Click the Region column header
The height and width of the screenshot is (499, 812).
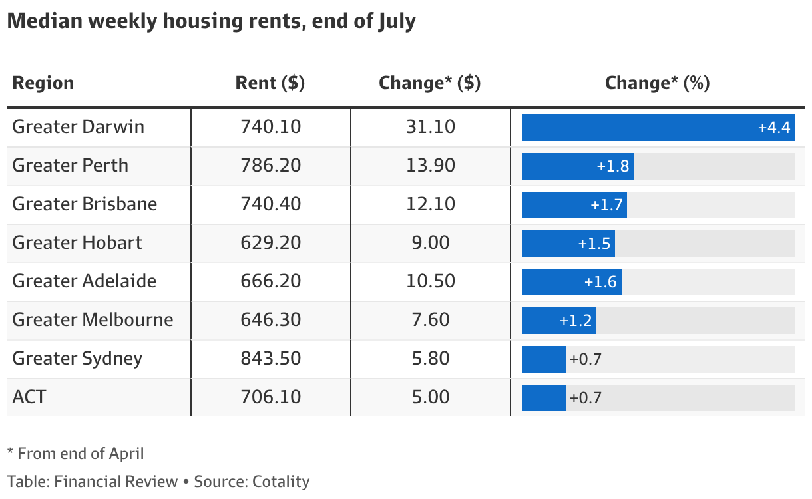pos(43,83)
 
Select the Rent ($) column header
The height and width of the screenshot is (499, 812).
pos(270,83)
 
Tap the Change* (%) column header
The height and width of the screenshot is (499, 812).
pos(657,83)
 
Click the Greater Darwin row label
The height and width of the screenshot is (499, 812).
pos(79,127)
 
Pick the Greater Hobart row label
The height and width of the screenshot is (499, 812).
pos(77,242)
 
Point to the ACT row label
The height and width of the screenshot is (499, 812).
pos(29,397)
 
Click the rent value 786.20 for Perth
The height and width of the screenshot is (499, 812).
pos(271,165)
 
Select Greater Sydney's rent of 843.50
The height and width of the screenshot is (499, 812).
pos(271,358)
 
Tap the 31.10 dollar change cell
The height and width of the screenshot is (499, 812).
pos(431,127)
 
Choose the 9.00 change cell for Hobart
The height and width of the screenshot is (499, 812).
pos(431,242)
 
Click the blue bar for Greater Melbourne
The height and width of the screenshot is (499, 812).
pos(559,321)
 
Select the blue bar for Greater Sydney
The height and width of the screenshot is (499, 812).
pos(544,359)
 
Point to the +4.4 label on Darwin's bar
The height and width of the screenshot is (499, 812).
pos(774,128)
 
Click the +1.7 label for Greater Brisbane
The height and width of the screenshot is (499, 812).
pos(606,205)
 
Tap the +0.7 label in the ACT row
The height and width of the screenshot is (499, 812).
pos(586,398)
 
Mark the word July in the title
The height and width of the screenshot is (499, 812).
pos(397,21)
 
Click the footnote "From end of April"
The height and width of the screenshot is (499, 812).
pos(81,454)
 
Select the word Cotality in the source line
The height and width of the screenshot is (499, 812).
pos(281,482)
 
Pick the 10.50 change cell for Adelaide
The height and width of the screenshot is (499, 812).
pos(431,281)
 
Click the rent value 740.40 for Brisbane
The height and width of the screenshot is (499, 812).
pos(271,204)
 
